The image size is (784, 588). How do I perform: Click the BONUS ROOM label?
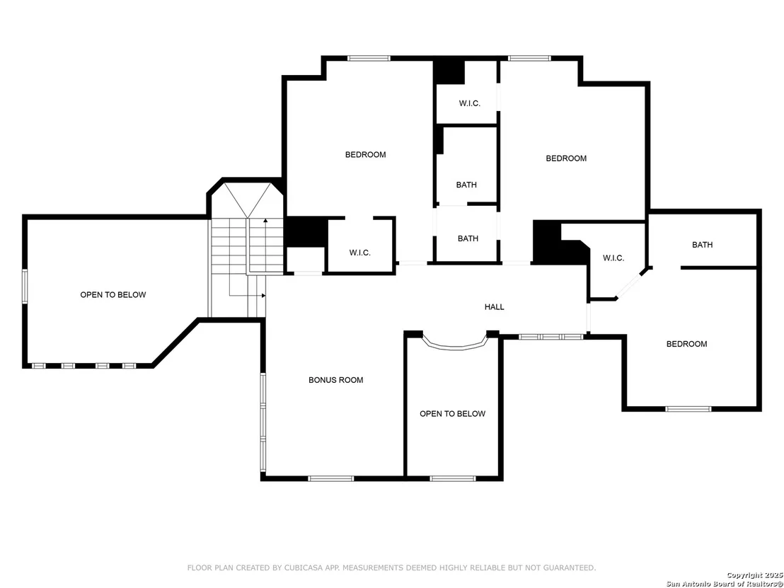tap(335, 380)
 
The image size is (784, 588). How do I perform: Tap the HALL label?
tap(494, 307)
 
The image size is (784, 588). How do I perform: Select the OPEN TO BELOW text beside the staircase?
tap(113, 295)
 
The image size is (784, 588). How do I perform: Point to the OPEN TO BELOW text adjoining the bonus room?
tap(452, 414)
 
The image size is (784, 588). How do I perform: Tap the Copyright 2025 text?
tap(754, 575)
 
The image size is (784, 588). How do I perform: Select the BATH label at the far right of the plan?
tap(703, 245)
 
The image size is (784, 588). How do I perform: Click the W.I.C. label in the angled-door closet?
tap(613, 258)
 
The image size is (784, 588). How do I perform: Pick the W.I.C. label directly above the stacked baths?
tap(470, 103)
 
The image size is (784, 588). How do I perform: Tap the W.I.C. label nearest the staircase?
tap(360, 253)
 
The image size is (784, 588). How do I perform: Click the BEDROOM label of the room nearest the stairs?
tap(366, 155)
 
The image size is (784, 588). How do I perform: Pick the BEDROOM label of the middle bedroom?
tap(566, 158)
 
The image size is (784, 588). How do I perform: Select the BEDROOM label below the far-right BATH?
tap(686, 344)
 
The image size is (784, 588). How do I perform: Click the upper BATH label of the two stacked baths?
tap(466, 185)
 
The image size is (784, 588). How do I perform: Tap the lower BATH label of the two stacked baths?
tap(468, 239)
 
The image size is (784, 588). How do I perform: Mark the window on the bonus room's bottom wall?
tap(331, 478)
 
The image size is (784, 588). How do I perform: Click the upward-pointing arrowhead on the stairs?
tap(265, 219)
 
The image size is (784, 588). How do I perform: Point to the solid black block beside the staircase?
tap(306, 232)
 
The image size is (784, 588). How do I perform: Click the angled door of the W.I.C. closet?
tap(628, 284)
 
